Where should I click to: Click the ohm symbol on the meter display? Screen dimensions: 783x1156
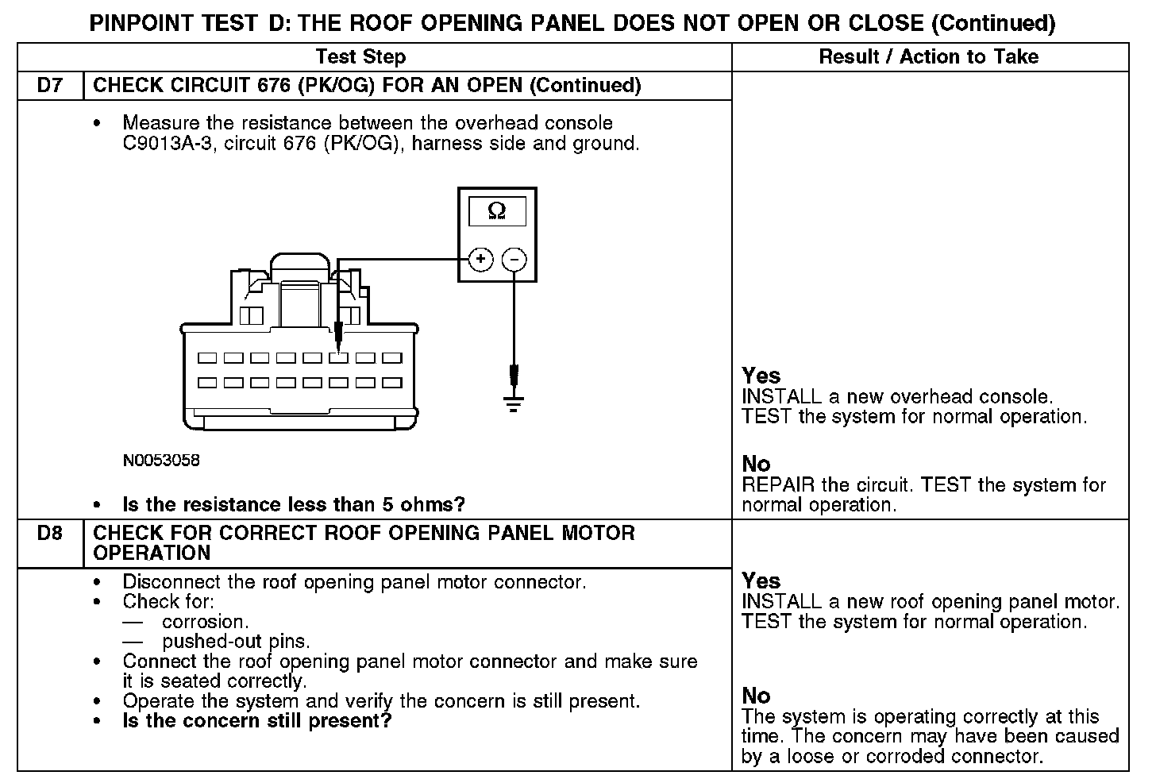(496, 211)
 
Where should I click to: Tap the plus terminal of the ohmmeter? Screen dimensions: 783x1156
(480, 259)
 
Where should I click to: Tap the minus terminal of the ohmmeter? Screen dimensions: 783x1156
(514, 259)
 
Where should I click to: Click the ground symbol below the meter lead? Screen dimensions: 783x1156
(514, 404)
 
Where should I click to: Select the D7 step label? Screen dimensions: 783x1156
(49, 86)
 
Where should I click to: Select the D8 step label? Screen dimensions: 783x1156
(49, 533)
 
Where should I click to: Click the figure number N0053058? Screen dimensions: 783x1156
(161, 461)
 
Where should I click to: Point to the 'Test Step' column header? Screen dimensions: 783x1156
(360, 57)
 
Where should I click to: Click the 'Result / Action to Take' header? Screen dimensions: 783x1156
(928, 57)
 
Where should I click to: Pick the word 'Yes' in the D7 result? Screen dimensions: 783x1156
(761, 376)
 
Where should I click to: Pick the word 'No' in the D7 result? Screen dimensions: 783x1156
(756, 464)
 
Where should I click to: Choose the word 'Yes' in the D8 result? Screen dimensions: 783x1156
(761, 580)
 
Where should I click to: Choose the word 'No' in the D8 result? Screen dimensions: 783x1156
(756, 696)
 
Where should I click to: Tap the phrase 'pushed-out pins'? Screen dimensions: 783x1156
(236, 642)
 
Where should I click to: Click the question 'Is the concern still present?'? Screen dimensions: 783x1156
(256, 721)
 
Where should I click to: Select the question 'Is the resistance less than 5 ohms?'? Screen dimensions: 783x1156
(293, 505)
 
